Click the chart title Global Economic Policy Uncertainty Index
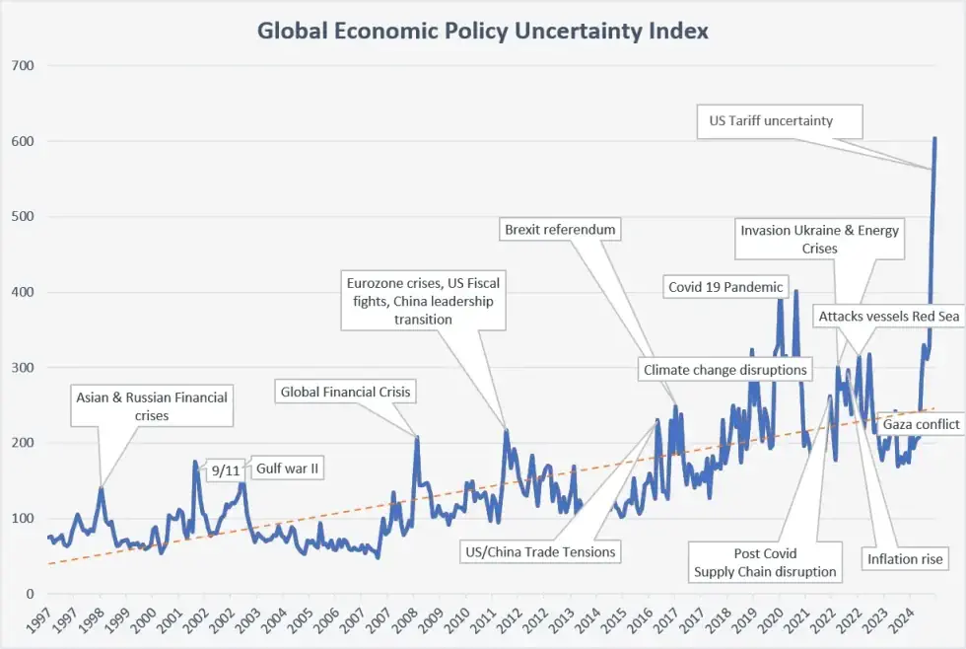tap(482, 31)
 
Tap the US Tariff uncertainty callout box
tap(780, 121)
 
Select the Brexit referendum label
tap(560, 230)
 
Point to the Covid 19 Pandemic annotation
tap(725, 287)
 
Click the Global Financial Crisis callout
tap(346, 392)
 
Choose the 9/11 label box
tap(226, 470)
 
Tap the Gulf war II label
tap(287, 469)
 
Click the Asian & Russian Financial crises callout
tap(152, 406)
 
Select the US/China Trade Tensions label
tap(540, 552)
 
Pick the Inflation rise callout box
tap(905, 559)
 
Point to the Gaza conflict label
tap(921, 424)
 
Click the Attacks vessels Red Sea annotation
tap(889, 317)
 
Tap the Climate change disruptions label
tap(725, 370)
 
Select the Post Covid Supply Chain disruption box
tap(765, 562)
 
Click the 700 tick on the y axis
tap(23, 65)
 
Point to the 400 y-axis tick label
tap(23, 292)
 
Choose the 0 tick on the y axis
tap(30, 594)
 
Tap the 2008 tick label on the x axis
tap(405, 620)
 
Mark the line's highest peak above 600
tap(935, 138)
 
